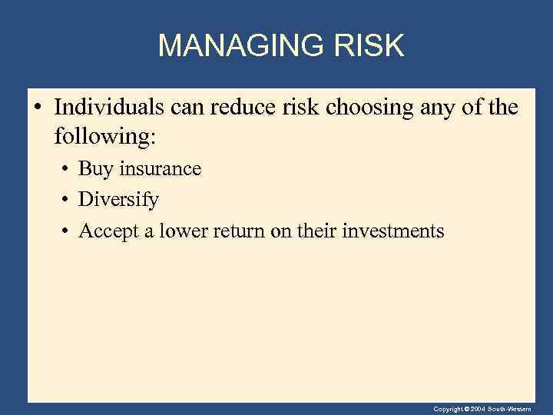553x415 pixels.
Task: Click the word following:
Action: [x=104, y=138]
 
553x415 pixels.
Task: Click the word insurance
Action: [x=160, y=169]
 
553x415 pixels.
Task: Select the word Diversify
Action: [x=119, y=201]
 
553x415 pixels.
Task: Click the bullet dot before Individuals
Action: [x=38, y=108]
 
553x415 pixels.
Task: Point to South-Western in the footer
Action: [x=526, y=408]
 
